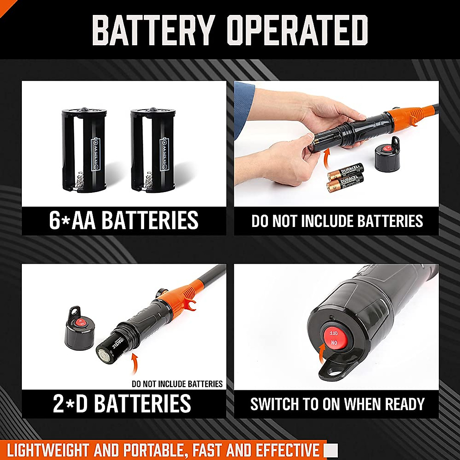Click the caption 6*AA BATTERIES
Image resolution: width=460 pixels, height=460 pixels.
123,220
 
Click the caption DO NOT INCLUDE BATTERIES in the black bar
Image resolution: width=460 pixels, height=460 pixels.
337,221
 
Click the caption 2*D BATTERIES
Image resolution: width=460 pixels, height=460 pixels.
122,403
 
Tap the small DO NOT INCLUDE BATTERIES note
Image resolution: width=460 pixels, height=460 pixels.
177,384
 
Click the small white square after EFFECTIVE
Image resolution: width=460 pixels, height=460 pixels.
331,450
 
